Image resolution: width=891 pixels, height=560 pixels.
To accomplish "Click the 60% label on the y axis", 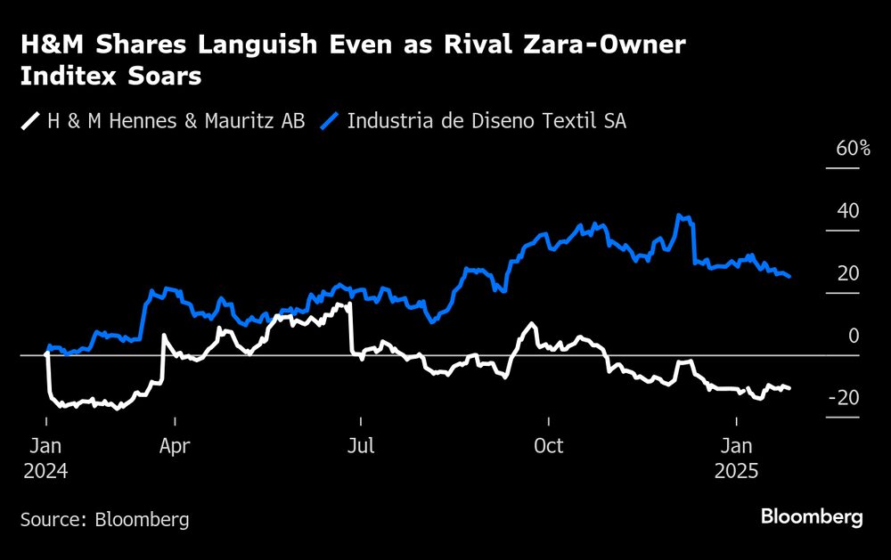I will click(x=853, y=149).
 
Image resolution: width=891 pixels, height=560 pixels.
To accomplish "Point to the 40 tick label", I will click(x=848, y=211).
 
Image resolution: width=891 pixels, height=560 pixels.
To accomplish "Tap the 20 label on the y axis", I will click(x=848, y=273).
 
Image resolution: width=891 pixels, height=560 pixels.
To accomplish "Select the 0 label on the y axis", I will click(x=854, y=336).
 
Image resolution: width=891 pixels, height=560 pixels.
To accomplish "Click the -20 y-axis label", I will click(x=844, y=398).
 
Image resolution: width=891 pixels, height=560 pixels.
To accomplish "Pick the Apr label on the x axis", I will click(x=175, y=445).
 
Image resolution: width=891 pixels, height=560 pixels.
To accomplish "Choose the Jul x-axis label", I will click(x=360, y=445).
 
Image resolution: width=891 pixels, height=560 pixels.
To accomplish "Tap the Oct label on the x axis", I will click(x=548, y=445).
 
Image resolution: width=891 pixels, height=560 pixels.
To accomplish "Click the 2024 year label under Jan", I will click(x=45, y=471).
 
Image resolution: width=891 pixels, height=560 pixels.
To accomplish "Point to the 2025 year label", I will click(x=736, y=471).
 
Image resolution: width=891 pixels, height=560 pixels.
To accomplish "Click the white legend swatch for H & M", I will click(x=30, y=120).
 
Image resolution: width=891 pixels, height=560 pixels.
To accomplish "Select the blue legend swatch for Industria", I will click(x=331, y=120).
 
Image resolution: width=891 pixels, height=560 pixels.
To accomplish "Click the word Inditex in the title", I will click(x=63, y=77).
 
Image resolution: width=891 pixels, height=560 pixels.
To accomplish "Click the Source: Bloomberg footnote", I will click(x=104, y=519).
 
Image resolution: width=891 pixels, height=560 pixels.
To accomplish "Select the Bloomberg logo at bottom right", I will click(x=812, y=517).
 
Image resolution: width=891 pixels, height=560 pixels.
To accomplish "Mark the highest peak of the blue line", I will click(x=680, y=215).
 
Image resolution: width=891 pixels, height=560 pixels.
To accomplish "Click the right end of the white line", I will click(x=789, y=388).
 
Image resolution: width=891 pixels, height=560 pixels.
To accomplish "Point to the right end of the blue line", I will click(x=789, y=277).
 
